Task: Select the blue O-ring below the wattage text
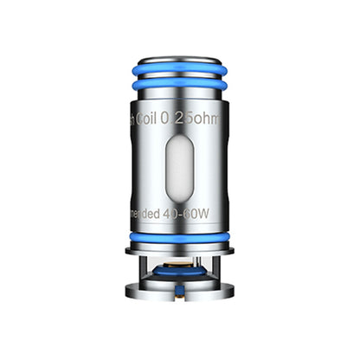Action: [179, 235]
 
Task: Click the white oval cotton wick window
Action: [179, 173]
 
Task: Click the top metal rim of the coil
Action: [179, 77]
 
